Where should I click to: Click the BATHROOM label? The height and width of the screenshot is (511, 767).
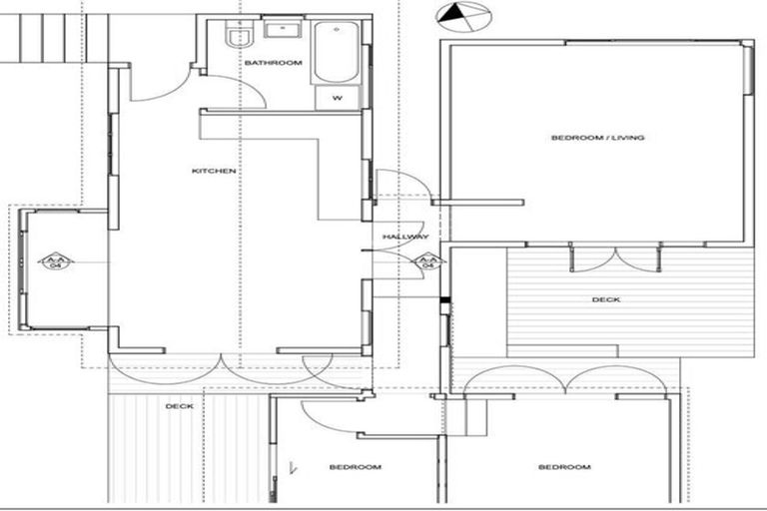pos(273,63)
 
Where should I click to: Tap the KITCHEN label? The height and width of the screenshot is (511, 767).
pos(214,171)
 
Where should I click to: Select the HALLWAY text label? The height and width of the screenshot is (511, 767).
pos(405,237)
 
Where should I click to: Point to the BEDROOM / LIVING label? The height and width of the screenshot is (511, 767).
pos(597,138)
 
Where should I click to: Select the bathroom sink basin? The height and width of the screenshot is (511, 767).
pos(275,31)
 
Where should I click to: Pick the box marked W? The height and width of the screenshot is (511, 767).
pos(337,98)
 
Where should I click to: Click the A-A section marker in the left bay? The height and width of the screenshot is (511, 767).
pos(56,261)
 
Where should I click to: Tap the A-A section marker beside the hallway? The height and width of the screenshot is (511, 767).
pos(427,261)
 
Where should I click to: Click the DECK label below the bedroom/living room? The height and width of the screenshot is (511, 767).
pos(605,299)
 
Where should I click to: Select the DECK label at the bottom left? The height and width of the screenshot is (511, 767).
pos(179,406)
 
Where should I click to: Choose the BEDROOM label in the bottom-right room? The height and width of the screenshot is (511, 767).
pos(563,467)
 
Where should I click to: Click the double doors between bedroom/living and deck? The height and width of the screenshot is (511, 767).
pos(615,257)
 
